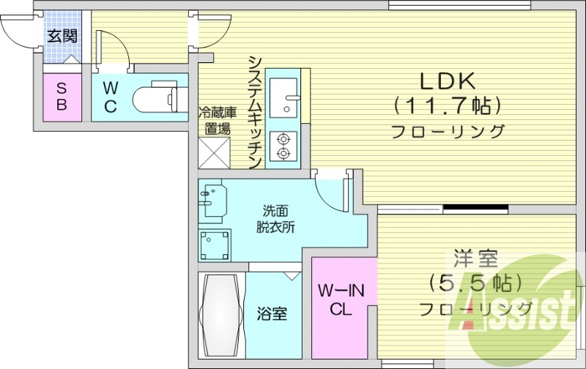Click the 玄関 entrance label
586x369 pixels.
pyautogui.click(x=62, y=35)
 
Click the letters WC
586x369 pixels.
pyautogui.click(x=110, y=97)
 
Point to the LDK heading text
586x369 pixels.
pyautogui.click(x=448, y=79)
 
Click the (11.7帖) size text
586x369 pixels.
pyautogui.click(x=448, y=105)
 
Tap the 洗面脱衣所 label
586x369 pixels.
pyautogui.click(x=275, y=218)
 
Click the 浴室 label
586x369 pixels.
pyautogui.click(x=272, y=316)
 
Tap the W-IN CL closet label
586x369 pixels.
pyautogui.click(x=341, y=301)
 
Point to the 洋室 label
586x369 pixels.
pyautogui.click(x=475, y=258)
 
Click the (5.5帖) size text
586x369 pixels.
pyautogui.click(x=475, y=283)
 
